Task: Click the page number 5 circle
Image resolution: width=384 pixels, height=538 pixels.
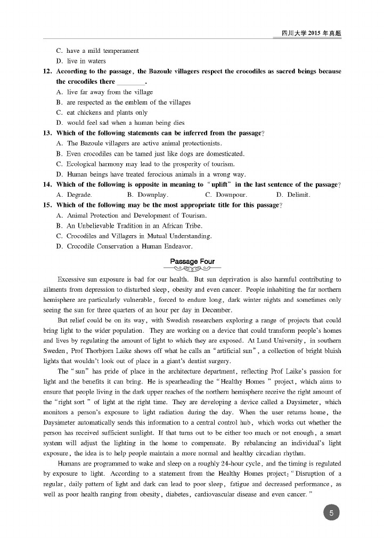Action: coord(331,513)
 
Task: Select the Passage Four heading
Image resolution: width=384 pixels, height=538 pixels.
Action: coord(192,261)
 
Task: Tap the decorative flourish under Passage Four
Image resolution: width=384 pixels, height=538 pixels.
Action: coord(192,269)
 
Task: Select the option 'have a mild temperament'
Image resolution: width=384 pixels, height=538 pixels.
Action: coord(97,51)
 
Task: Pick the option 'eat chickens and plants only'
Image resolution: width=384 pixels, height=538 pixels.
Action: coord(102,113)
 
